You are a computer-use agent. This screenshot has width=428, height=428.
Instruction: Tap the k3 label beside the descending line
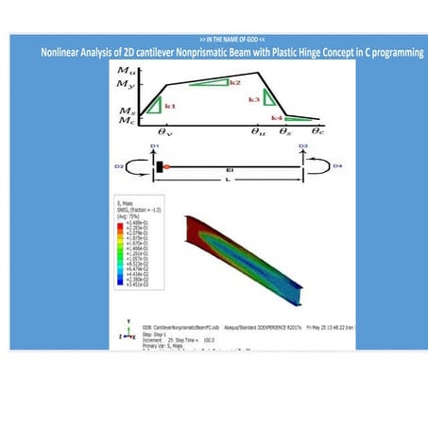pos(253,99)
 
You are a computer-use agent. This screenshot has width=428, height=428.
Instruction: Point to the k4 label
pos(276,117)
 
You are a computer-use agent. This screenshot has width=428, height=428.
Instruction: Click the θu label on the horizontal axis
pos(257,131)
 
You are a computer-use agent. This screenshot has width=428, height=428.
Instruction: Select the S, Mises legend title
pos(122,204)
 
